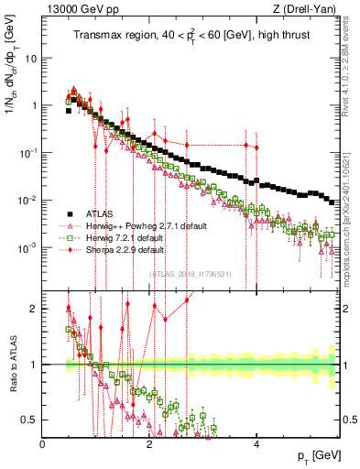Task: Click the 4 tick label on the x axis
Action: pos(256,443)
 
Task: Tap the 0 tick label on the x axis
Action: pos(43,443)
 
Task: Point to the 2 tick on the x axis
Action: pos(150,443)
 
